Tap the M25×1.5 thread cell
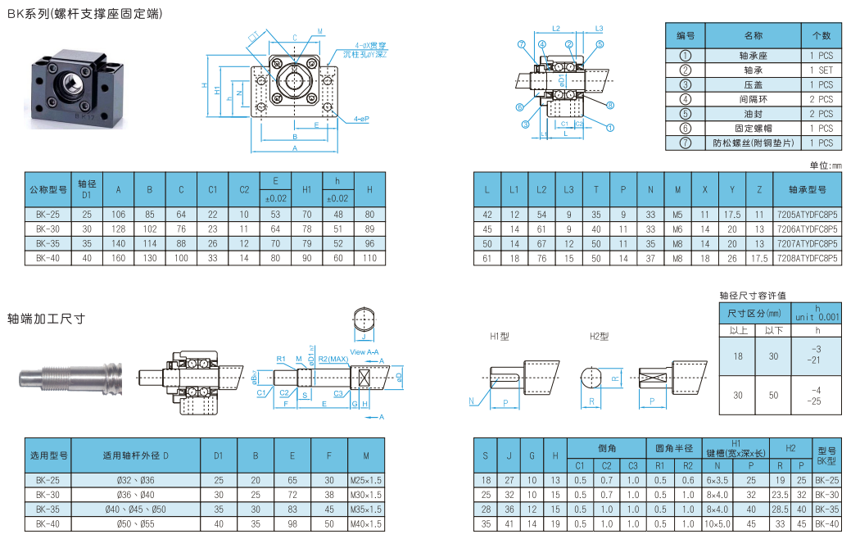(x=366, y=480)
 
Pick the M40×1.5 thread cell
(x=366, y=523)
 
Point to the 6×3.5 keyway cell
(x=717, y=480)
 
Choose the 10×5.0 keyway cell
(x=717, y=523)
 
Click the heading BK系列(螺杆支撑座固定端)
(x=85, y=14)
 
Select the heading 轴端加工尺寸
(x=47, y=319)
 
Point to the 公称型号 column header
(x=48, y=190)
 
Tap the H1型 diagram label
(x=500, y=337)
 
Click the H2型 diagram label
(x=600, y=337)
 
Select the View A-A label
(x=364, y=351)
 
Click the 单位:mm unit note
(x=826, y=165)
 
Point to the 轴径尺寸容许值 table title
(x=753, y=295)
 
